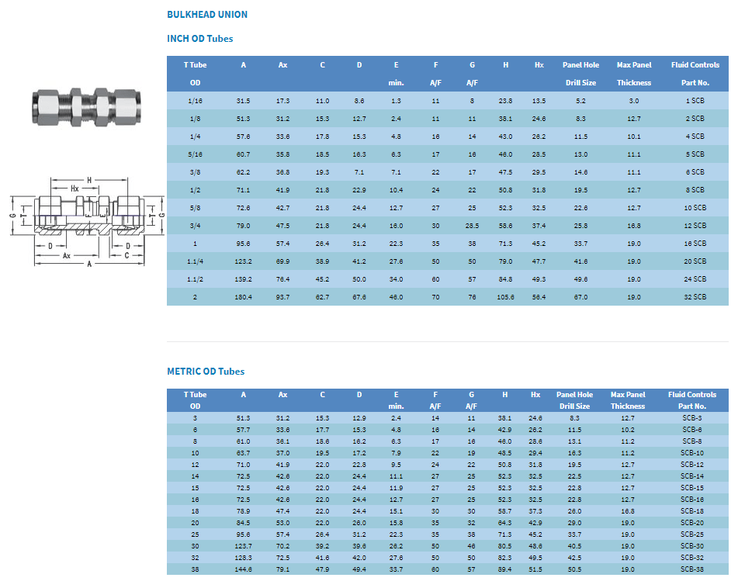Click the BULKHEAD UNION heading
click(x=207, y=15)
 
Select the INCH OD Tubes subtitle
click(x=200, y=39)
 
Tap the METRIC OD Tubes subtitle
click(x=206, y=371)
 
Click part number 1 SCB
click(x=695, y=101)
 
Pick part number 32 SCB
click(x=695, y=297)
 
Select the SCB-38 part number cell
click(x=692, y=569)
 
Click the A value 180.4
click(x=244, y=297)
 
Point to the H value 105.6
click(x=505, y=297)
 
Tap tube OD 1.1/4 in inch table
click(x=195, y=261)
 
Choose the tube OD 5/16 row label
click(x=195, y=154)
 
